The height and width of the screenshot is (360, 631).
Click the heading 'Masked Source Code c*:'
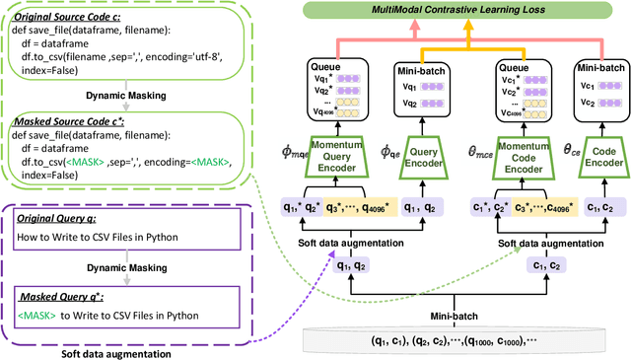65,119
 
